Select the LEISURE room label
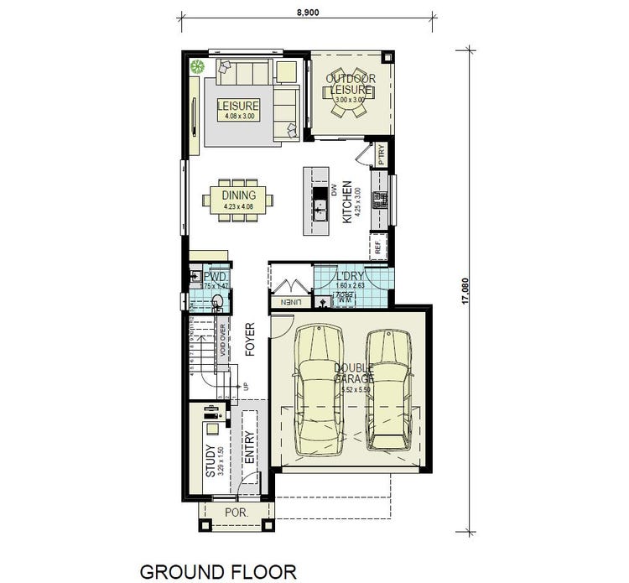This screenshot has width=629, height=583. [x=238, y=107]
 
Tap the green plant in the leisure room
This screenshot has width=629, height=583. [x=198, y=68]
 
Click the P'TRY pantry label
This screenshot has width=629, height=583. [x=380, y=155]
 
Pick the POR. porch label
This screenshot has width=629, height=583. [x=234, y=513]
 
